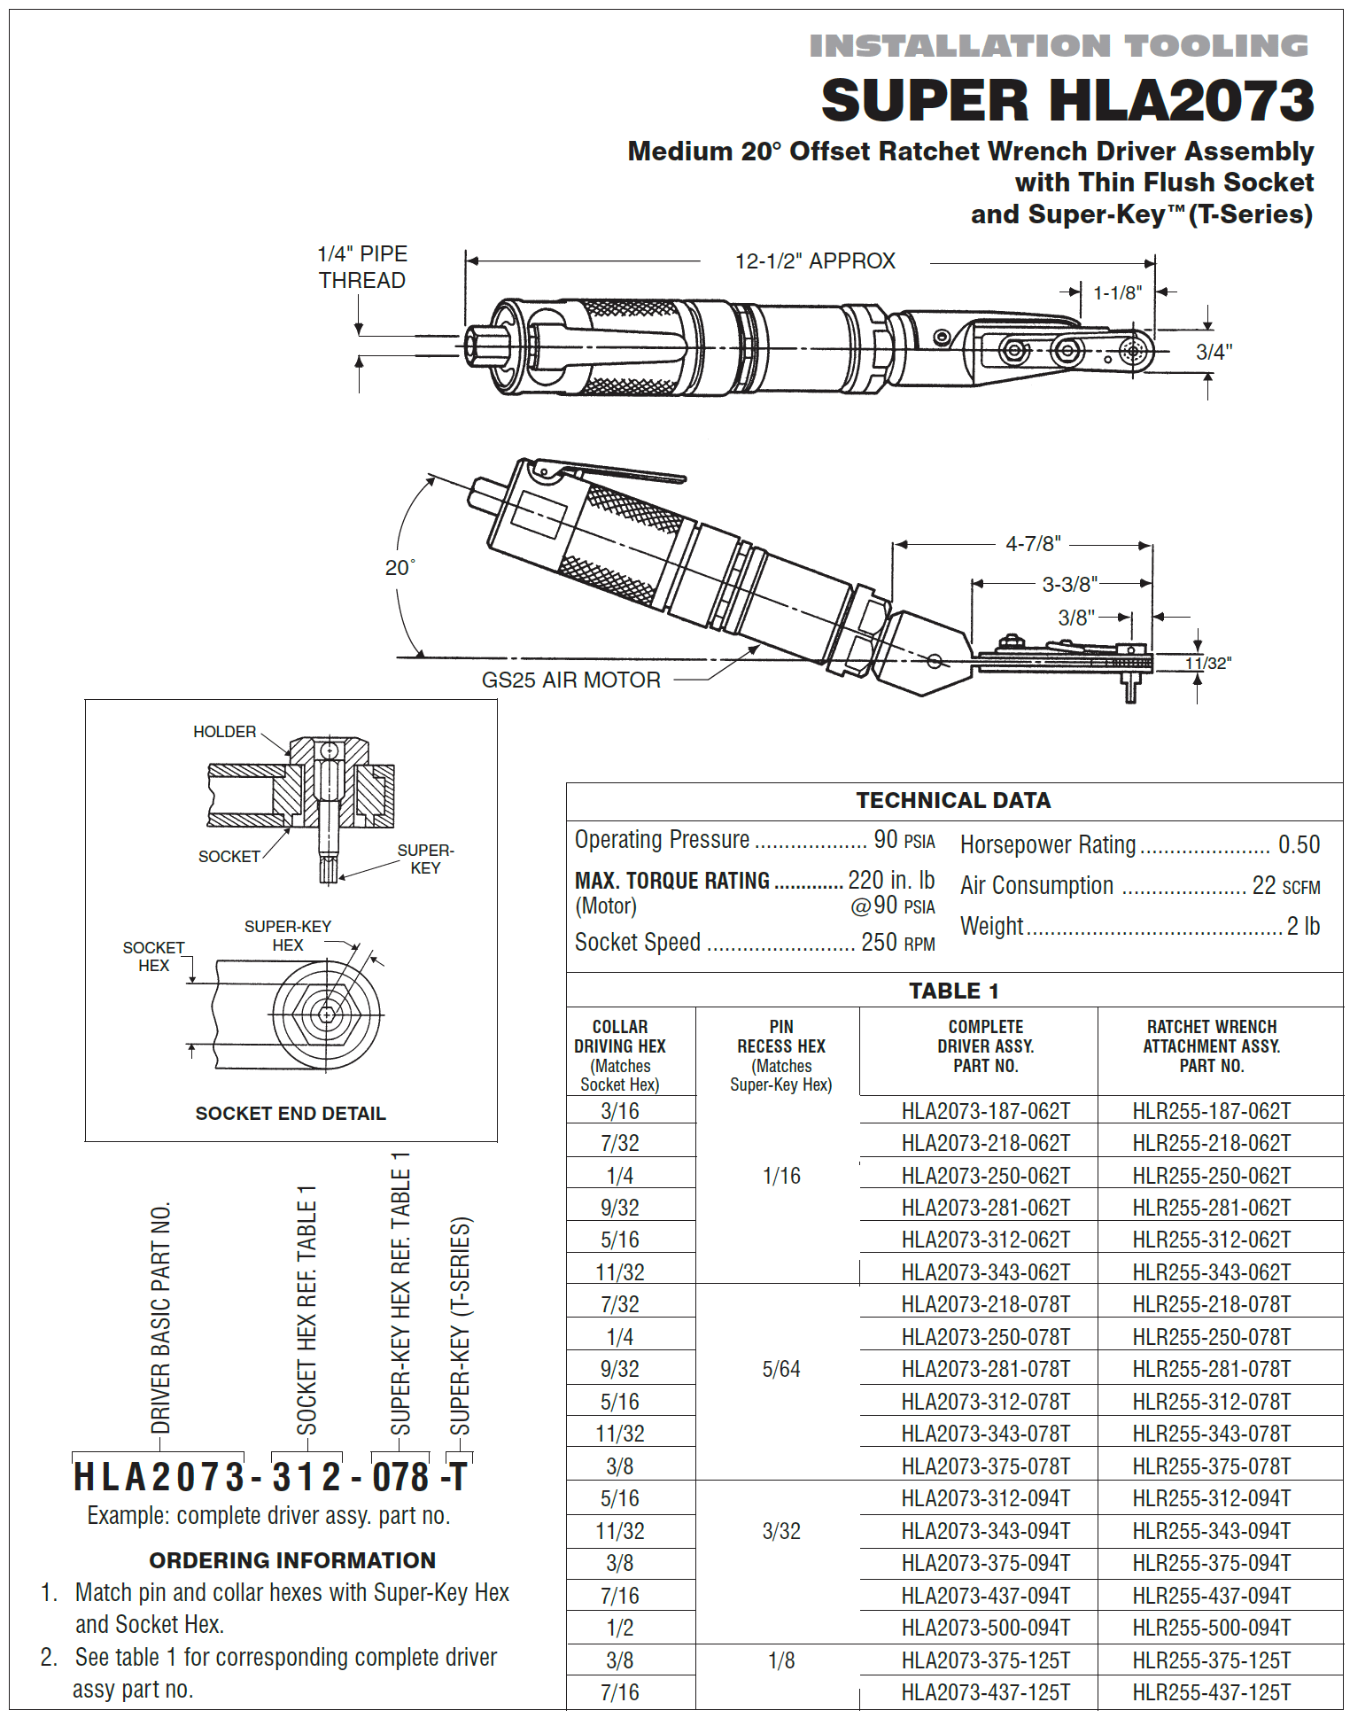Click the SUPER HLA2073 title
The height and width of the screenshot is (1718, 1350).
[1067, 100]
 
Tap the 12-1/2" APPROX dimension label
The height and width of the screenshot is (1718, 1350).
[815, 261]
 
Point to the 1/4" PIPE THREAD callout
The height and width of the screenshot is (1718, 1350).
[362, 267]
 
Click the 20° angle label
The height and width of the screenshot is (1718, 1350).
[400, 568]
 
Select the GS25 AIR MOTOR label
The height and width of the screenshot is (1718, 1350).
[570, 680]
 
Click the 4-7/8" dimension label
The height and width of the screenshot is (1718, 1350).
[1033, 544]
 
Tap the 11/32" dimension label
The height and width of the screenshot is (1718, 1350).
[1208, 664]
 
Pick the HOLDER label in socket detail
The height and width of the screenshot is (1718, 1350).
[224, 732]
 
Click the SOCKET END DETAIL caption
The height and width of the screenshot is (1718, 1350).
[291, 1114]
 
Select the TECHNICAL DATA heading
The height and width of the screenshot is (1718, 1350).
[953, 801]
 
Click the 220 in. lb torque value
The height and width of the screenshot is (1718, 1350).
[890, 881]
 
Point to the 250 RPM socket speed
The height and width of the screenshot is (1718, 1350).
[897, 943]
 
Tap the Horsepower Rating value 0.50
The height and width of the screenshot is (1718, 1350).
[1299, 845]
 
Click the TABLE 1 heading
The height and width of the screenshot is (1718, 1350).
[953, 991]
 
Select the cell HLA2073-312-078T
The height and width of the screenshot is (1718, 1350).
[985, 1402]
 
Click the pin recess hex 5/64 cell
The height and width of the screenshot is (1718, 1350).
[780, 1370]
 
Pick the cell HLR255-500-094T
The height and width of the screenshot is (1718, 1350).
[1211, 1628]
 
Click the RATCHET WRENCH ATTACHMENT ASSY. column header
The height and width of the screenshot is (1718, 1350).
[1211, 1046]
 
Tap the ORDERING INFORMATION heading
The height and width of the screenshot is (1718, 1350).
[292, 1560]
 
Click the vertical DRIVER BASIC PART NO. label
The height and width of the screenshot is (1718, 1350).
[161, 1318]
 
